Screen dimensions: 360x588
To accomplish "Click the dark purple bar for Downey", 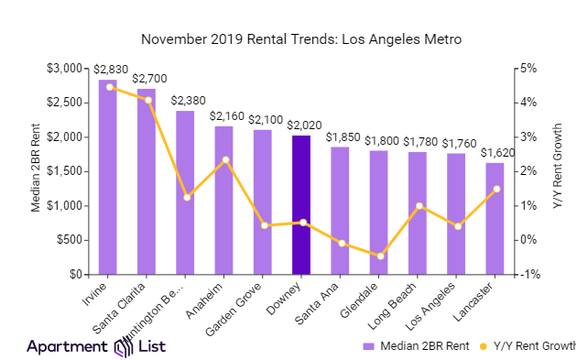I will (x=301, y=205).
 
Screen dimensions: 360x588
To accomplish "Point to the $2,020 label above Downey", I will (x=301, y=125).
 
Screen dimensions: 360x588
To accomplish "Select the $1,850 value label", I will (x=340, y=136).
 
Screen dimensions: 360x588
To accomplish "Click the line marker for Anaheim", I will (x=224, y=160).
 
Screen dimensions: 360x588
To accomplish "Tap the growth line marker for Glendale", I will (x=379, y=256).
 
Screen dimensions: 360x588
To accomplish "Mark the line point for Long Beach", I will (x=418, y=206).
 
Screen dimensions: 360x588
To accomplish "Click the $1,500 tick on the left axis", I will (x=72, y=171).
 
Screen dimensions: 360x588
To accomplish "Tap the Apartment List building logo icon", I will (x=124, y=346).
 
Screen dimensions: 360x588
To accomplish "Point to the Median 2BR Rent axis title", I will (x=36, y=171).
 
